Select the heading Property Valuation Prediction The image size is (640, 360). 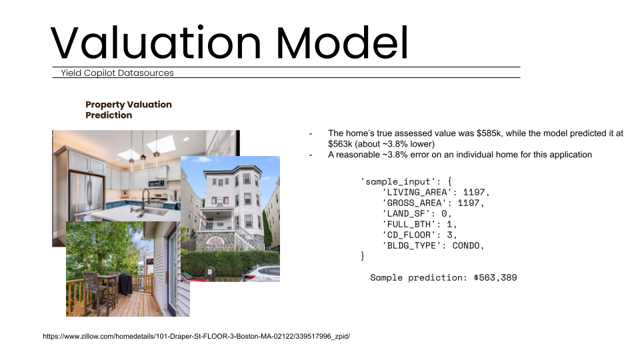tap(129, 110)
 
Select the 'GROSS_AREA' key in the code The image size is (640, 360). tap(415, 203)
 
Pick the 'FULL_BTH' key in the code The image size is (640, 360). tap(409, 224)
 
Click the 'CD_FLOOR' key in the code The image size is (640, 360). tap(409, 235)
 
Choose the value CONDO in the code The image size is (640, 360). tap(467, 245)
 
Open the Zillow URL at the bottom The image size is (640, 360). tap(196, 337)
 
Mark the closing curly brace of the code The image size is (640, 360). tap(363, 256)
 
